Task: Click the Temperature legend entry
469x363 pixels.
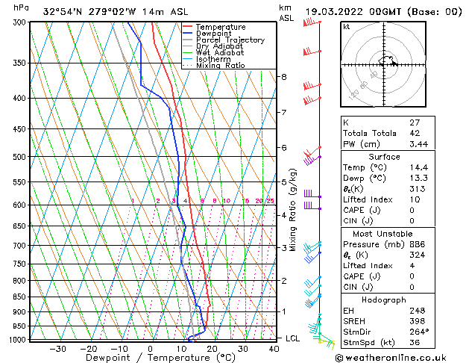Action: pyautogui.click(x=220, y=27)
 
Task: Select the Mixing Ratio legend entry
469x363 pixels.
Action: pyautogui.click(x=220, y=66)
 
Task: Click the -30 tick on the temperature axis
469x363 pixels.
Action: pyautogui.click(x=57, y=348)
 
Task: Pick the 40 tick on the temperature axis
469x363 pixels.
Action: pyautogui.click(x=274, y=348)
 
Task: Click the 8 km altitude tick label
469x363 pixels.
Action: pyautogui.click(x=283, y=77)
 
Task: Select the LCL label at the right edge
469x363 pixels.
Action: pyautogui.click(x=293, y=338)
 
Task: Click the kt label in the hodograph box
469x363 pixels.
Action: pyautogui.click(x=346, y=26)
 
